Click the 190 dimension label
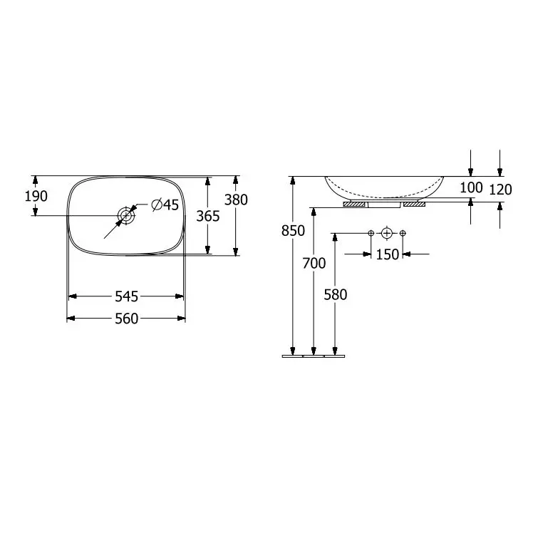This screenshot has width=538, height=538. point(36,196)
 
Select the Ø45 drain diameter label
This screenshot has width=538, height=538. point(165,205)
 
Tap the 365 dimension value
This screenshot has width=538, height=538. point(208,216)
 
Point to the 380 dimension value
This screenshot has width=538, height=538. point(236,200)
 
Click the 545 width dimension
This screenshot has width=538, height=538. point(126,296)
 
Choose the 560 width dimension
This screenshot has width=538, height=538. point(126,319)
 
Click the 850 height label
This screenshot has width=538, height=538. point(293,231)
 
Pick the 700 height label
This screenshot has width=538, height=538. point(314,264)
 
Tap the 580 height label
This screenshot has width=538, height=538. point(336,295)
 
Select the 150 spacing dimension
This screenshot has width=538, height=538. point(388,254)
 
